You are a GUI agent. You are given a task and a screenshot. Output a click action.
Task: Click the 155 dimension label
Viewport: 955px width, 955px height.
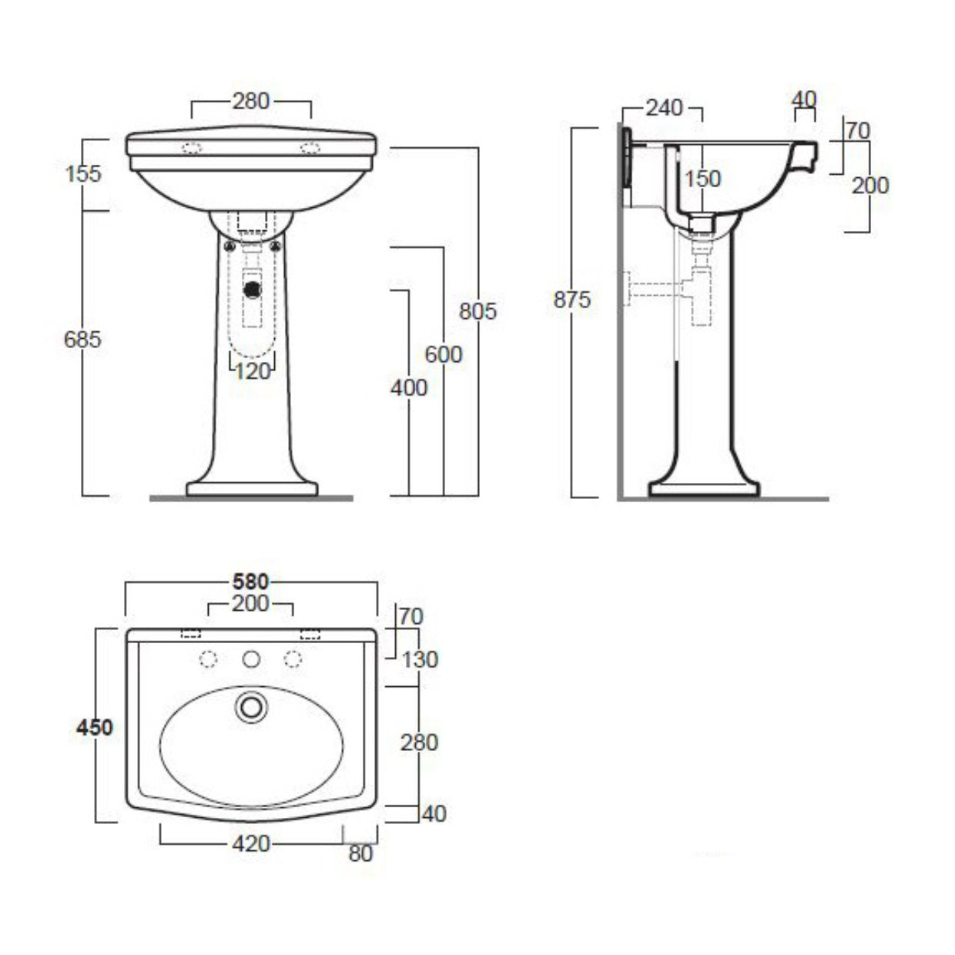(83, 174)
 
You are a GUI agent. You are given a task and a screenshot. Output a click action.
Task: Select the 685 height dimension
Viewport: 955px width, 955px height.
(82, 340)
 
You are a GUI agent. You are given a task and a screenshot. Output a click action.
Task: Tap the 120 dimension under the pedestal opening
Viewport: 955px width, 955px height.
(253, 372)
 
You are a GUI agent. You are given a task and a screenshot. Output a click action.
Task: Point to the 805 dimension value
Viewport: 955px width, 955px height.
(477, 311)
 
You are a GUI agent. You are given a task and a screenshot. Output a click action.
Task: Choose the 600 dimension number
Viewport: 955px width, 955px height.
(444, 354)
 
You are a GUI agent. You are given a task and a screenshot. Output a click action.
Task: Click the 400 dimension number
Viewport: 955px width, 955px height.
(409, 388)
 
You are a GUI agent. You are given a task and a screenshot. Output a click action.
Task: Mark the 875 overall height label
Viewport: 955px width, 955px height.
(572, 300)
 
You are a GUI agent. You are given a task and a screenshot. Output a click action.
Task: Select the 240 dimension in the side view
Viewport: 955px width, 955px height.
(664, 108)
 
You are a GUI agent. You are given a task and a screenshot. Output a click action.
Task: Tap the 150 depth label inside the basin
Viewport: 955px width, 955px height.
(702, 179)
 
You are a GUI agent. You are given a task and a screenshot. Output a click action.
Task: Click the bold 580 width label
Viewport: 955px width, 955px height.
(251, 581)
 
